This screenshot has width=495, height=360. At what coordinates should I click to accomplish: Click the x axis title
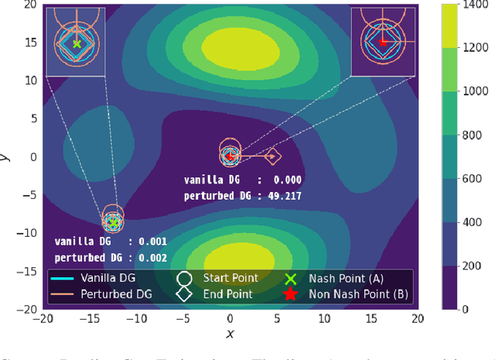click(230, 334)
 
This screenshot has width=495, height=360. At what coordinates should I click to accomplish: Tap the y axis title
click(6, 156)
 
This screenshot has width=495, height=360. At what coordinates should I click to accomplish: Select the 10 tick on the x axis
click(323, 317)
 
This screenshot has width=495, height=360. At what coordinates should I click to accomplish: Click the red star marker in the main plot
click(229, 156)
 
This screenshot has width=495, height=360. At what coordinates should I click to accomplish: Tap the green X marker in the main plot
click(114, 223)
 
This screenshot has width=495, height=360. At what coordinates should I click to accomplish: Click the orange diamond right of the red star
click(271, 156)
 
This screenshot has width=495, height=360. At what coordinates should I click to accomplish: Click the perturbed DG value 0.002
click(151, 257)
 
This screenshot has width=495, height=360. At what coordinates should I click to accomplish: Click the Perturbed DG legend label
click(116, 294)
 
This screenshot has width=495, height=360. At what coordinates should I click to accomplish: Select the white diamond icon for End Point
click(184, 294)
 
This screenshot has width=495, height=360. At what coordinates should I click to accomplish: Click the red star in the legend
click(291, 294)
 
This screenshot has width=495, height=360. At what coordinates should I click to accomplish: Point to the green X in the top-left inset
click(77, 43)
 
